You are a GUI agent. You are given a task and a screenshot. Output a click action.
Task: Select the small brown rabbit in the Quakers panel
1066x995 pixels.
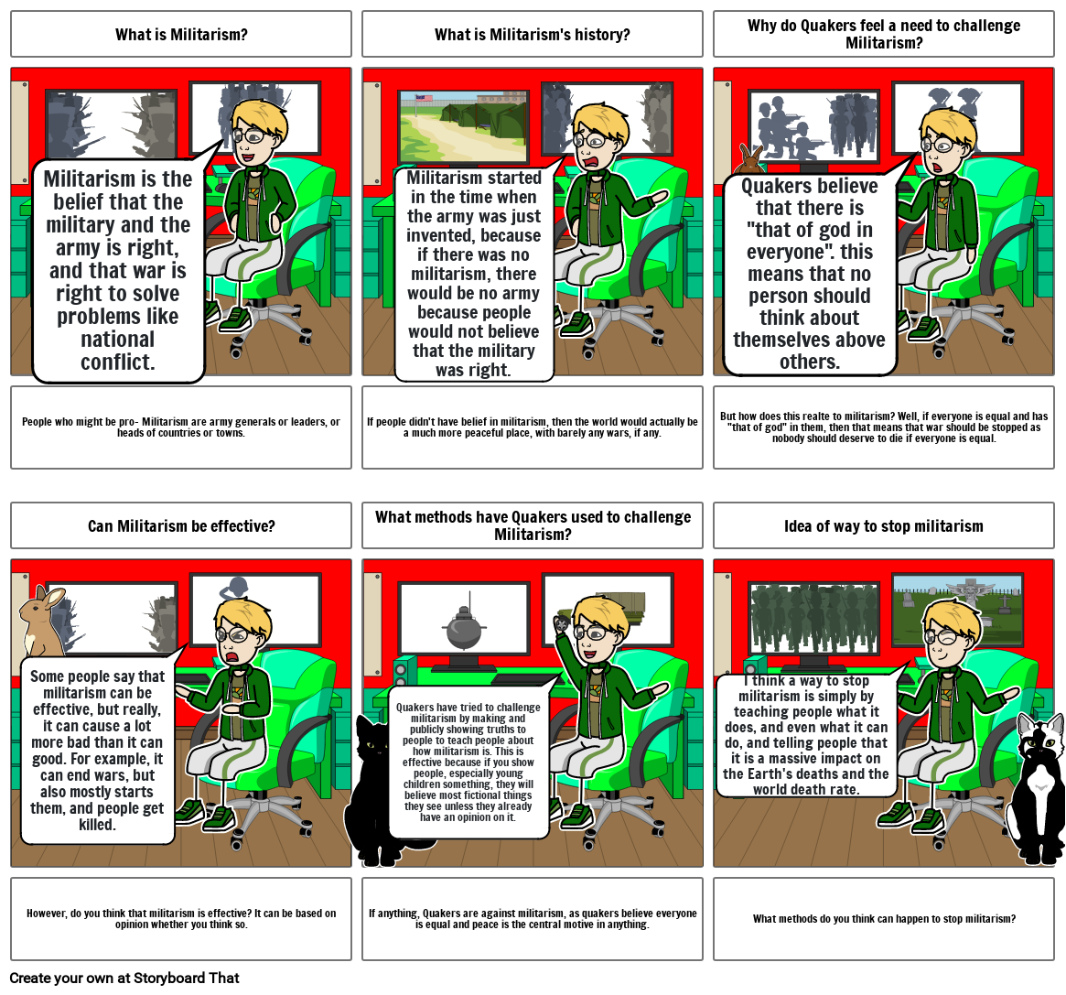click(751, 159)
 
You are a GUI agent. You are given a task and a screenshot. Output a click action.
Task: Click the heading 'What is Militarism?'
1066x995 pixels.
click(181, 35)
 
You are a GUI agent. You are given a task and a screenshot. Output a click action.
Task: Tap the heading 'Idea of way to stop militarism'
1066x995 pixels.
click(883, 526)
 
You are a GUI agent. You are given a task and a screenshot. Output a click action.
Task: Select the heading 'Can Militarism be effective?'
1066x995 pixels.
click(181, 526)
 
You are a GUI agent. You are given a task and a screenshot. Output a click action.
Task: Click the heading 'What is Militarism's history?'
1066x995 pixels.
click(532, 35)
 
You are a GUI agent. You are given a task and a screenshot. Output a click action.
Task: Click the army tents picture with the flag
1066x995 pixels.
click(463, 124)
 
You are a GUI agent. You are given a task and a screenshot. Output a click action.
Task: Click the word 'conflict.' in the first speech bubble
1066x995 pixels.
click(118, 362)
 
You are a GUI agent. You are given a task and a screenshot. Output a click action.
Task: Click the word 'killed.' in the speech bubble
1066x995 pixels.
click(97, 825)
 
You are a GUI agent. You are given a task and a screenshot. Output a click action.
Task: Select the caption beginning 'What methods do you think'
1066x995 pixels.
click(884, 919)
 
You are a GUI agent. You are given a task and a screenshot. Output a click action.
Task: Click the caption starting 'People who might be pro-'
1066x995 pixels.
click(181, 427)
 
